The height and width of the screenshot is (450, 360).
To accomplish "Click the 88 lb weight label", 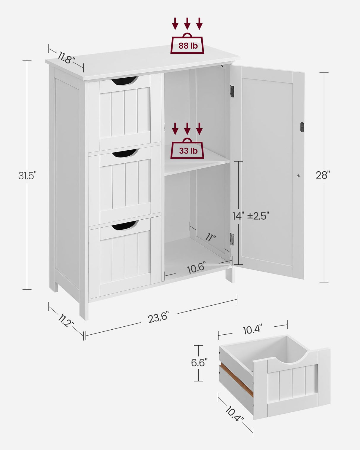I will (x=187, y=46).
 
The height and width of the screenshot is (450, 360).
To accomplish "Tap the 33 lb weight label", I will (x=188, y=151).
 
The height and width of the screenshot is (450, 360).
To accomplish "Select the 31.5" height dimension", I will (x=27, y=175).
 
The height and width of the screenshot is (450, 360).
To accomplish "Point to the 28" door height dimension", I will (x=323, y=175).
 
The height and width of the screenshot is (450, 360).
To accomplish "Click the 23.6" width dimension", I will (x=158, y=317).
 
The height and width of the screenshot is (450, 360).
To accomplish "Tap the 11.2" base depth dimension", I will (x=66, y=321).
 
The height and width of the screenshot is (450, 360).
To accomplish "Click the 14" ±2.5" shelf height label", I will (x=251, y=216).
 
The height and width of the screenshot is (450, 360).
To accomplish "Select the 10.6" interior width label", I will (x=196, y=268).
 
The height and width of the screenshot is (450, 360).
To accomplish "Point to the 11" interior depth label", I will (x=210, y=237).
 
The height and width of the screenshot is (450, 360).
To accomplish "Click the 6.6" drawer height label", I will (x=199, y=362).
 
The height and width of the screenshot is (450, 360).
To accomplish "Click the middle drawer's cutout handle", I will (x=125, y=153).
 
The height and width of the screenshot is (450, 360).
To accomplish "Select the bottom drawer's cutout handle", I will (x=125, y=225).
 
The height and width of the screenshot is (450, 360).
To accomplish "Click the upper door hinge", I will (x=232, y=91).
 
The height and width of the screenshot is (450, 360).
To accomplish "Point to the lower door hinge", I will (x=232, y=239).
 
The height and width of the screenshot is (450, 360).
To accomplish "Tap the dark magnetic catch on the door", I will (x=302, y=127).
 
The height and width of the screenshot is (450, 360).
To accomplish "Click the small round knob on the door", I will (x=299, y=176).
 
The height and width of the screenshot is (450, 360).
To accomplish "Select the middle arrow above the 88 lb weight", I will (x=187, y=23).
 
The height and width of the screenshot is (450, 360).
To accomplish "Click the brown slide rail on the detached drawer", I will (x=236, y=381).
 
